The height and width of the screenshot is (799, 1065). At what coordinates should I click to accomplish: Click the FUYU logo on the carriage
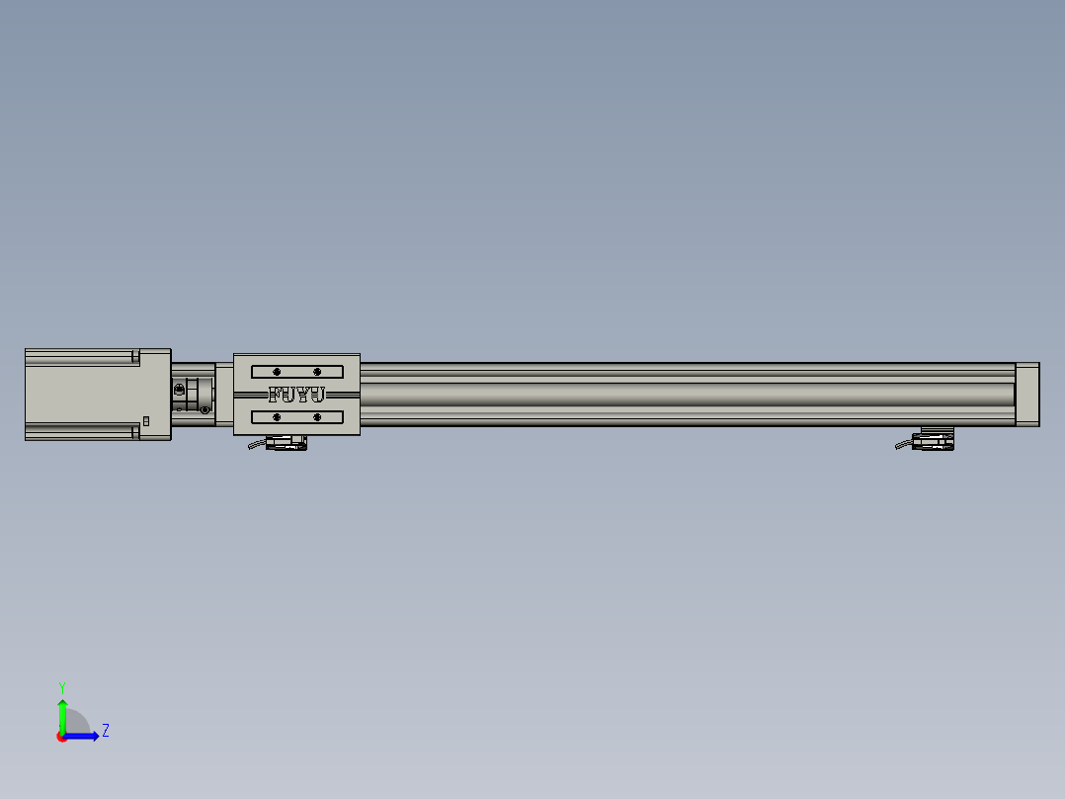point(296,395)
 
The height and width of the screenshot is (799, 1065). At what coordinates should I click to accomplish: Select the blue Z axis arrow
point(84,736)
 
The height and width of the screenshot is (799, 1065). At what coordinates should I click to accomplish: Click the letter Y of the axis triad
point(62,687)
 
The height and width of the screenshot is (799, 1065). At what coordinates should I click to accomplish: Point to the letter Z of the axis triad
point(105,731)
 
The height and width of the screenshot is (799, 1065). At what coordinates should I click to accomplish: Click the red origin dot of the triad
point(62,737)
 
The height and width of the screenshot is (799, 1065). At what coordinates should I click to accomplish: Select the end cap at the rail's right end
point(1027,395)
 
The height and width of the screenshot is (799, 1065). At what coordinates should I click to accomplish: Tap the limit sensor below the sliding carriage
point(287,443)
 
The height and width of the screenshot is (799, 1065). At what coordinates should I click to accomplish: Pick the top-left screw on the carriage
point(277,372)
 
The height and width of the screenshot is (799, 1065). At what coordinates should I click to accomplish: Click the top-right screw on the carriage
point(317,372)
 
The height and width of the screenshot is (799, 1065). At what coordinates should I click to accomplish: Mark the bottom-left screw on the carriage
point(277,417)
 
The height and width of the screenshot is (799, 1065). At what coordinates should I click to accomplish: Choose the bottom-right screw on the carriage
point(317,417)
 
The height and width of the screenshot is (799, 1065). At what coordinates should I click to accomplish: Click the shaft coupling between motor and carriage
point(193,394)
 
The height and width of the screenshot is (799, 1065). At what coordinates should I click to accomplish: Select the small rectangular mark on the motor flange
point(146,421)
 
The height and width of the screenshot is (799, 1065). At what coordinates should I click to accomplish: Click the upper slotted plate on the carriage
point(296,372)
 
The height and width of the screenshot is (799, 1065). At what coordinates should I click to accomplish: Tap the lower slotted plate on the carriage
point(296,417)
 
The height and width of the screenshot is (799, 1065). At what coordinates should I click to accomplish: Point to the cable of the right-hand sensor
point(905,445)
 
